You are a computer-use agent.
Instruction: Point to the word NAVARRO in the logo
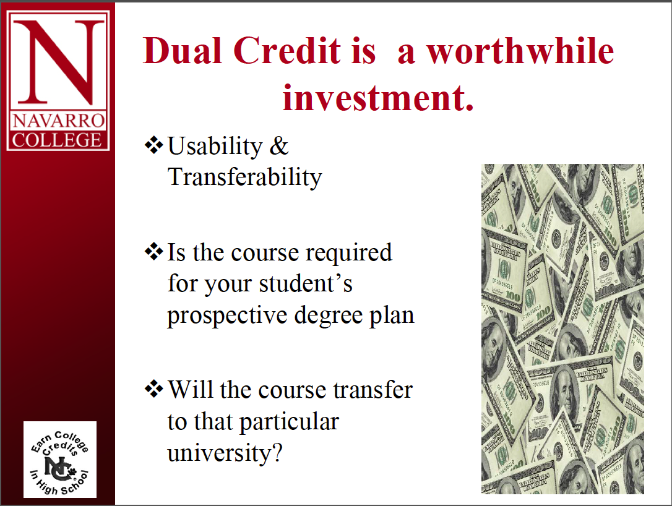(x=58, y=121)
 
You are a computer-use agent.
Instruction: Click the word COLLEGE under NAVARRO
(x=57, y=140)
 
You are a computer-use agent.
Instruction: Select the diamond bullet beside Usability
(x=154, y=145)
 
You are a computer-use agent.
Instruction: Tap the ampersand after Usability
(x=278, y=145)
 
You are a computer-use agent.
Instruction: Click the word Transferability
(x=244, y=177)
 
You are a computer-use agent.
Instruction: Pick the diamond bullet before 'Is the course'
(x=154, y=252)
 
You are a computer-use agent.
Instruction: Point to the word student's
(x=306, y=283)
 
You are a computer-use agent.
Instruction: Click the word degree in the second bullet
(x=329, y=315)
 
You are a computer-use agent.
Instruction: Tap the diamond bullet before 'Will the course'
(x=154, y=390)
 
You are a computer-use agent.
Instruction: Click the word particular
(x=289, y=422)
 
